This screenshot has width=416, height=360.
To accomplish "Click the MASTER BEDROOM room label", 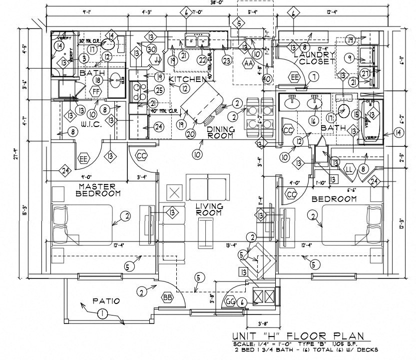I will click(99, 189).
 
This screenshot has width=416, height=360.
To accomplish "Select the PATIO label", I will click(106, 301).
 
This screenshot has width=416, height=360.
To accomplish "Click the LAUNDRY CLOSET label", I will click(314, 58).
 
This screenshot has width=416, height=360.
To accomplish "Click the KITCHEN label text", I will click(187, 79).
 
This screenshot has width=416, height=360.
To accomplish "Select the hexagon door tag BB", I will click(167, 297).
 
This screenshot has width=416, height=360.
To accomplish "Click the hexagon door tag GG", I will click(230, 301).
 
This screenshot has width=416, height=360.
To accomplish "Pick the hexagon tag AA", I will click(248, 63).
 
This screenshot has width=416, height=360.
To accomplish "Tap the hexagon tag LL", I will click(349, 170).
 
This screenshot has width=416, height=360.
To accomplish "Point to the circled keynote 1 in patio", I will click(102, 314).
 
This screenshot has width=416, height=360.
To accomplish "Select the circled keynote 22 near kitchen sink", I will click(202, 59).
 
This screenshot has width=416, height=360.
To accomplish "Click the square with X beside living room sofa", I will click(174, 192).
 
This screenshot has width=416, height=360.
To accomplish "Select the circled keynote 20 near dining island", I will click(190, 133).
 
